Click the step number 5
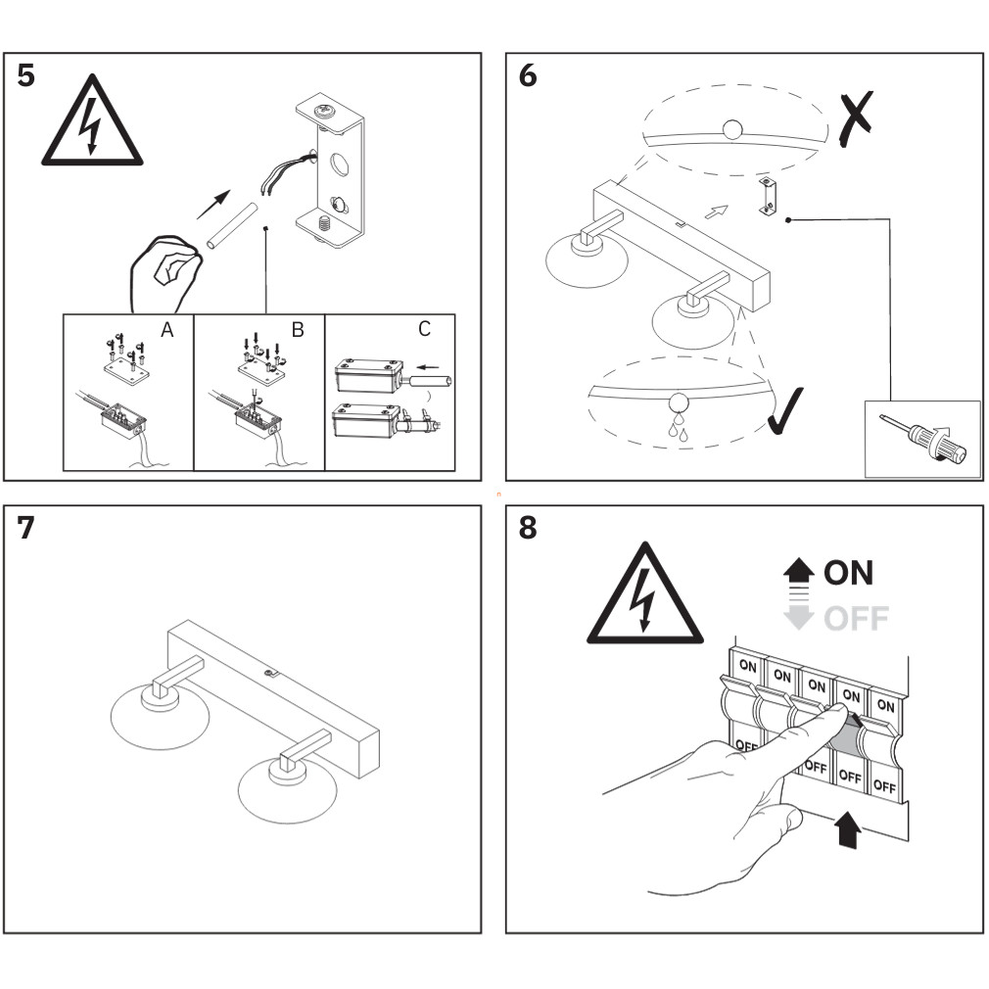26,75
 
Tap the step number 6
528,75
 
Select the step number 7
26,528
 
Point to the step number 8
528,528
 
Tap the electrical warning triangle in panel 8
644,597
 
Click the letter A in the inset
167,331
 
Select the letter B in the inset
298,331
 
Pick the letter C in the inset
424,329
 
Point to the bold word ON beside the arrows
848,572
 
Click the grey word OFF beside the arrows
856,619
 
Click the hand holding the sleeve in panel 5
166,271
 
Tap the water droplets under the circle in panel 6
677,428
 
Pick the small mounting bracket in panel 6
770,198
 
